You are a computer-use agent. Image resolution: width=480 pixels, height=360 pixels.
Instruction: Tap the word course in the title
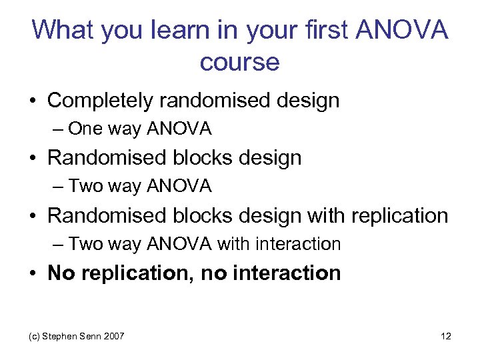239,62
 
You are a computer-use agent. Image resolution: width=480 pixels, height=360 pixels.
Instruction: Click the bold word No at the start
61,273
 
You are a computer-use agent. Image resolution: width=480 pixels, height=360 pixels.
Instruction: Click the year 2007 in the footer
113,337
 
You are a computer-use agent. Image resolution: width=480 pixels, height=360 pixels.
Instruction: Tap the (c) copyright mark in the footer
33,337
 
